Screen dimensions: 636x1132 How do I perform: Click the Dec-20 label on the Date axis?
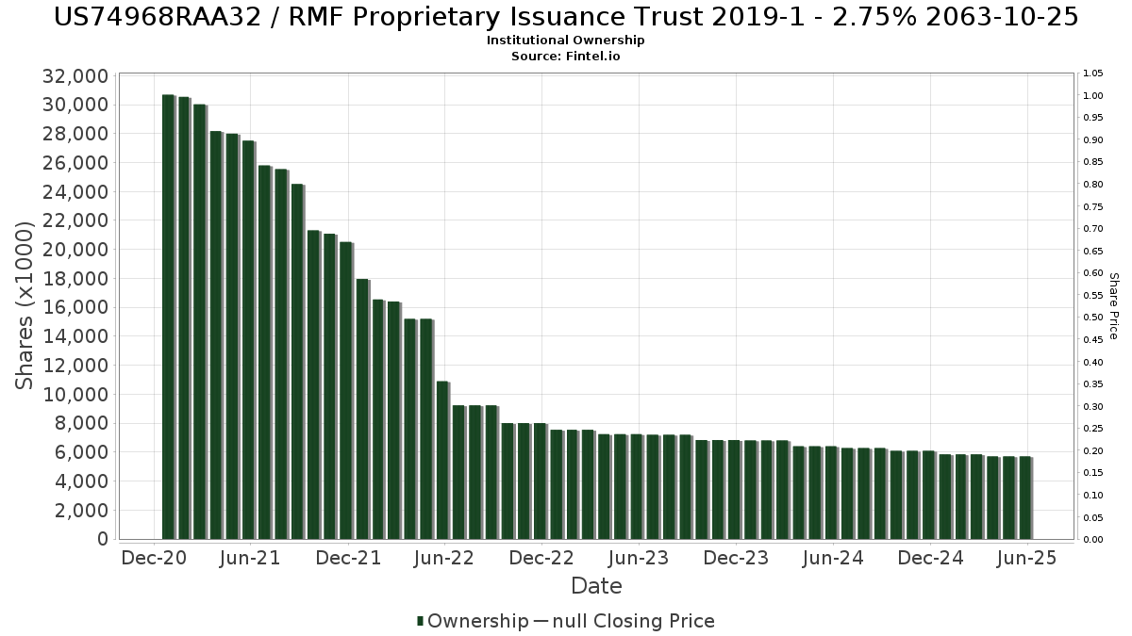coord(154,559)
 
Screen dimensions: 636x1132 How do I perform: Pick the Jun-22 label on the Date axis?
coord(444,559)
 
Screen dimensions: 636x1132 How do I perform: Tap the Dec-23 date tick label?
coord(736,559)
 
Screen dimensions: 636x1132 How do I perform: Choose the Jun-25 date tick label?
coord(1027,559)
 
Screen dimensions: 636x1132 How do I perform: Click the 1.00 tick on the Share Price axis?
coord(1092,96)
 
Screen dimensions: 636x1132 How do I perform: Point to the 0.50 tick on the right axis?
coord(1092,318)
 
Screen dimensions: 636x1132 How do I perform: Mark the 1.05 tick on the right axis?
coord(1092,73)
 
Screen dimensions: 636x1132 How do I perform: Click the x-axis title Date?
coord(596,586)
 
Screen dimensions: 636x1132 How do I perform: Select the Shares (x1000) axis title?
coord(26,305)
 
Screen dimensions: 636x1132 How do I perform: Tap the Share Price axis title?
coord(1113,305)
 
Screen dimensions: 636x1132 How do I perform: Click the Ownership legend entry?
coord(473,621)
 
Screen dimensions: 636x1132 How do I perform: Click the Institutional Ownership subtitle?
coord(566,41)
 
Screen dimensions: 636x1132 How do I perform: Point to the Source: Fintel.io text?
coord(566,56)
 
